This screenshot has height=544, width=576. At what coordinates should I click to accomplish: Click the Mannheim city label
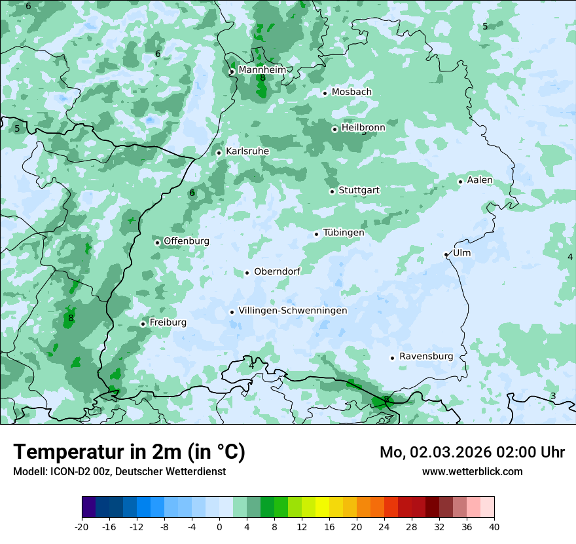click(x=262, y=70)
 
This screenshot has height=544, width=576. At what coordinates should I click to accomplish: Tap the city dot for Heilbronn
click(x=334, y=129)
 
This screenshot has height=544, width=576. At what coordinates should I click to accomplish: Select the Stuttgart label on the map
click(x=359, y=191)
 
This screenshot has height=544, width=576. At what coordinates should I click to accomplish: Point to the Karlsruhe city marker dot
click(x=219, y=153)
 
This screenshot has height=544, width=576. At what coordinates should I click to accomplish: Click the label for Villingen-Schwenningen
click(x=293, y=311)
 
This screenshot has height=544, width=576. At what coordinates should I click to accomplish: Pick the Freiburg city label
click(x=168, y=322)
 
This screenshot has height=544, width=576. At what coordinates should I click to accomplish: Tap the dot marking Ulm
click(x=446, y=254)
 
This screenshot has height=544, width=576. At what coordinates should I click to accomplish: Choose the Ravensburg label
click(x=426, y=357)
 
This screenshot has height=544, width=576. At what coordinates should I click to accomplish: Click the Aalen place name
click(x=480, y=180)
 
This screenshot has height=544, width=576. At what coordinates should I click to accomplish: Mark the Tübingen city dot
click(x=317, y=234)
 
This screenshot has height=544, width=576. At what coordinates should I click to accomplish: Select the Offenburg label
click(x=187, y=241)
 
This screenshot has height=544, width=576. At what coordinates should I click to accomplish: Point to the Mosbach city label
click(x=351, y=92)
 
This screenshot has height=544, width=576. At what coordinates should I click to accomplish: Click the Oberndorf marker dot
click(x=247, y=273)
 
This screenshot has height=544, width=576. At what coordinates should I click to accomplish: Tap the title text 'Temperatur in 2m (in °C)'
click(x=130, y=452)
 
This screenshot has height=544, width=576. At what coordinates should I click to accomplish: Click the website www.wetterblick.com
click(x=472, y=472)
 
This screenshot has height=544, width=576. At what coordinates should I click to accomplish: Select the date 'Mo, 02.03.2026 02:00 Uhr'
click(x=472, y=452)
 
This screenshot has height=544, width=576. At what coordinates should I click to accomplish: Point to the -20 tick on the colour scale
click(x=82, y=526)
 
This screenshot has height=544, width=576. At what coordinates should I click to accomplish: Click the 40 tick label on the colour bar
click(x=494, y=526)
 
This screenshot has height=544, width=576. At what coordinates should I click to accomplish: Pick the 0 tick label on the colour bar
click(x=219, y=526)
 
